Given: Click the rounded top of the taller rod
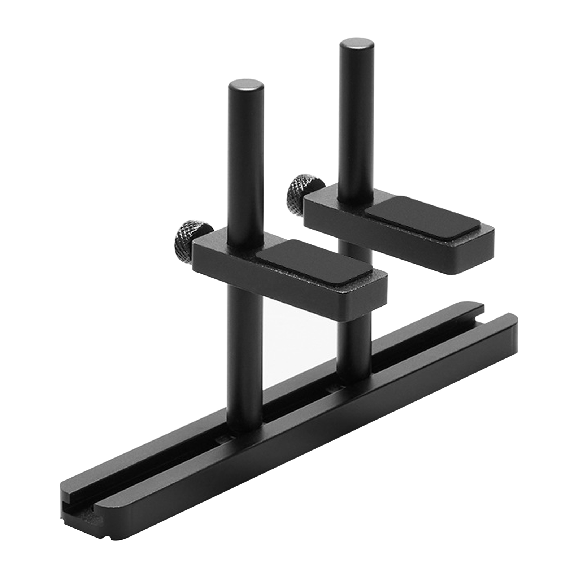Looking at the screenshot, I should pyautogui.click(x=356, y=47).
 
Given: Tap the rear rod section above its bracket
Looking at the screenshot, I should pyautogui.click(x=356, y=119).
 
